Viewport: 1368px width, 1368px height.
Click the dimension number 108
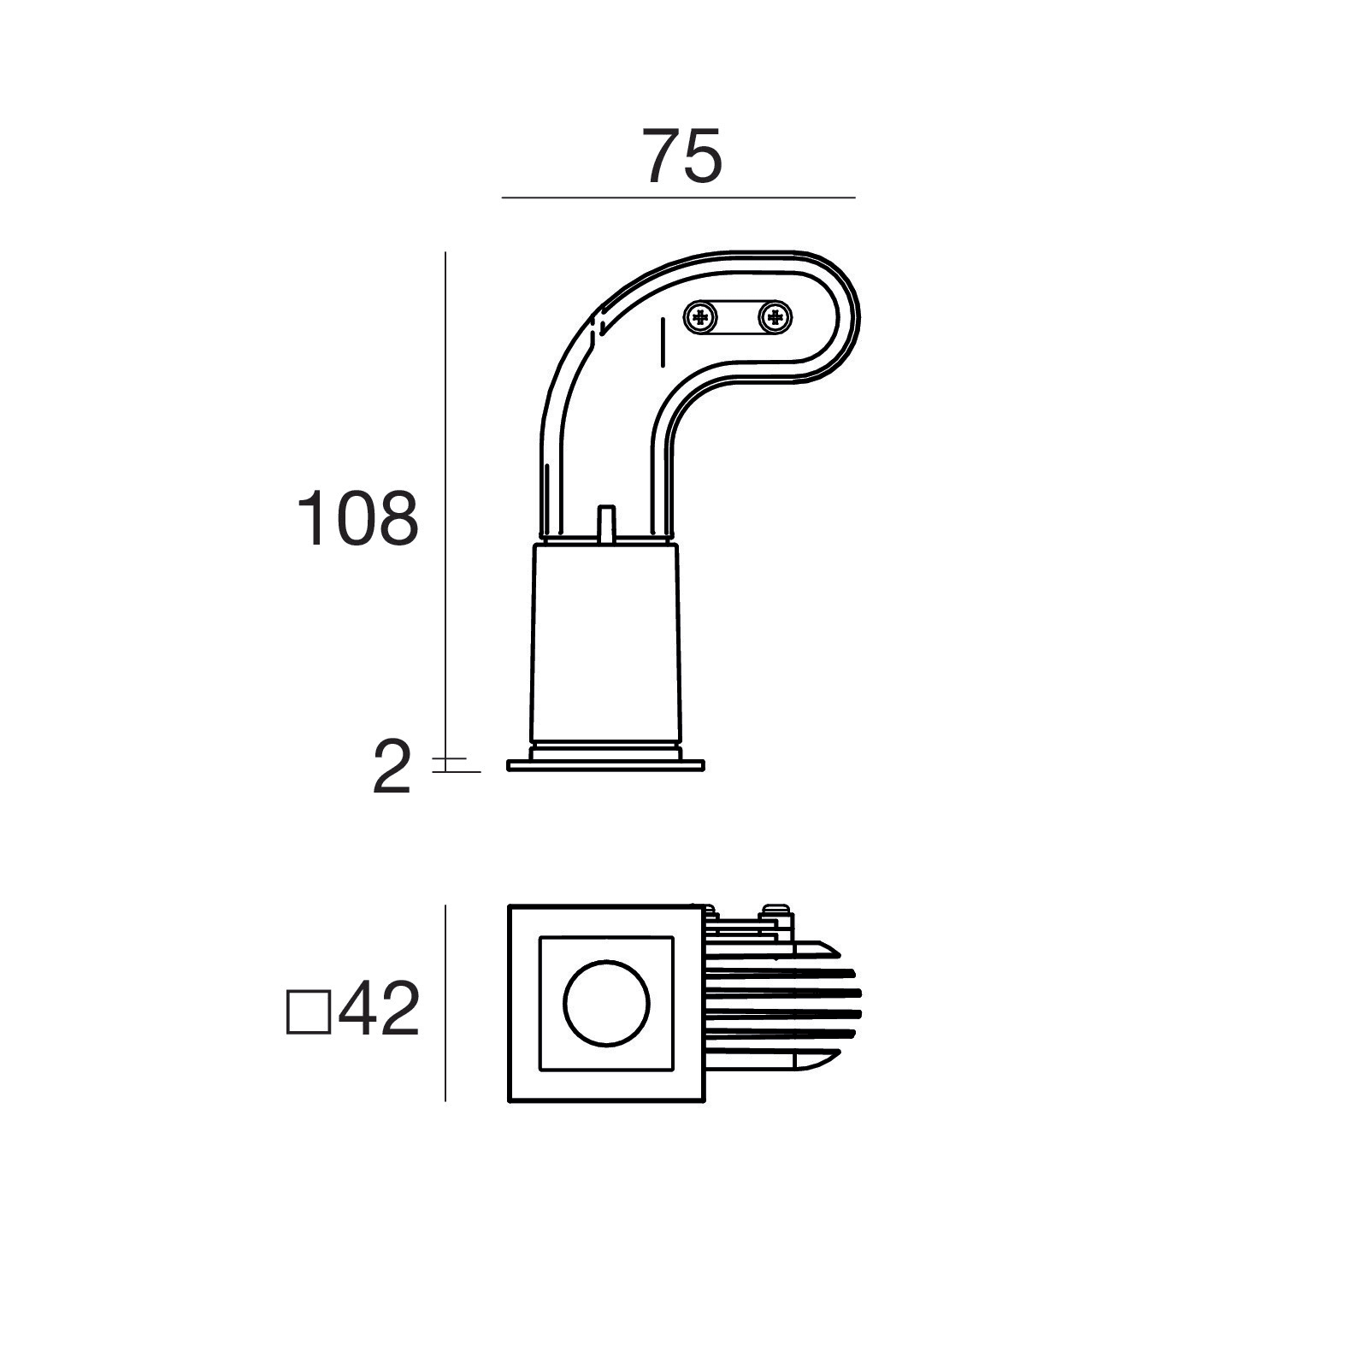357,518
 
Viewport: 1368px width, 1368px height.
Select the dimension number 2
392,768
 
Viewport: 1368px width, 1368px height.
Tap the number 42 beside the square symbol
379,1009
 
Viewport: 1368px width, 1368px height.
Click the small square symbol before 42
308,1013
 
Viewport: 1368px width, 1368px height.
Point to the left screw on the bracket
701,319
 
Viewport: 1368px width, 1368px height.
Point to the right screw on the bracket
775,319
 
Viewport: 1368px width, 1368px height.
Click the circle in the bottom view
606,1003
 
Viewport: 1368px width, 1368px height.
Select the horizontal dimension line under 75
678,198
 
